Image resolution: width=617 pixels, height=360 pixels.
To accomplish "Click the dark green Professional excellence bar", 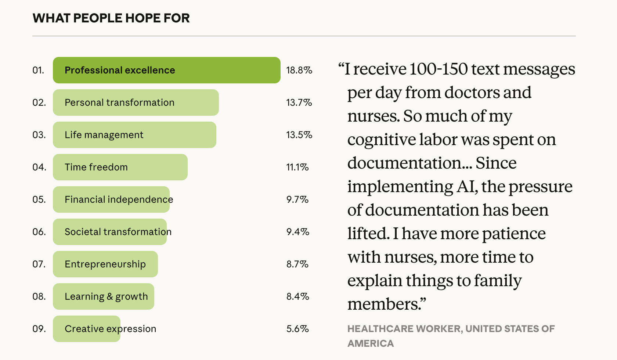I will pyautogui.click(x=166, y=70).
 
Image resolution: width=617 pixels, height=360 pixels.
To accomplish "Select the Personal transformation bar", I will pyautogui.click(x=136, y=102).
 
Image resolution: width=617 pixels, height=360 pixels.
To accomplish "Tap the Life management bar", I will pyautogui.click(x=134, y=135).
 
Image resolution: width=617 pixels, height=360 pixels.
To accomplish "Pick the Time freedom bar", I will pyautogui.click(x=120, y=167).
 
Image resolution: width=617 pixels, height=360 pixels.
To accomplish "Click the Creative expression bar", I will pyautogui.click(x=87, y=329).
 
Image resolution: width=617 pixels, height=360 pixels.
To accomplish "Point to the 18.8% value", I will pyautogui.click(x=299, y=70).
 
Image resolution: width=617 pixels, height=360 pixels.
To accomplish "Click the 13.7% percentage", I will pyautogui.click(x=299, y=102).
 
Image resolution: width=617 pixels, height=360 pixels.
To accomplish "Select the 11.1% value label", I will pyautogui.click(x=297, y=167).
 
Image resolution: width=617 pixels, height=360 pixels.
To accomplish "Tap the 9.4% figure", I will pyautogui.click(x=297, y=232).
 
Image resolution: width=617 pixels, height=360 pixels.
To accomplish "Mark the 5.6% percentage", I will pyautogui.click(x=297, y=329).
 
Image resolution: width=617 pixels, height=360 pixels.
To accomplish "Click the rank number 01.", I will pyautogui.click(x=38, y=70).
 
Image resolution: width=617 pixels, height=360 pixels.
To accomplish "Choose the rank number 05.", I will pyautogui.click(x=39, y=199).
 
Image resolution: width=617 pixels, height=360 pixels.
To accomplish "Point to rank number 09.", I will pyautogui.click(x=39, y=329).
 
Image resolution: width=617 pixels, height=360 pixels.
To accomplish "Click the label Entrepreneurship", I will pyautogui.click(x=105, y=264).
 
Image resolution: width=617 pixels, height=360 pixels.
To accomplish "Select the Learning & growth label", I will pyautogui.click(x=106, y=296).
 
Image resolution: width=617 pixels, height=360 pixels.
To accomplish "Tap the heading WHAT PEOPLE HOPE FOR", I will pyautogui.click(x=111, y=18).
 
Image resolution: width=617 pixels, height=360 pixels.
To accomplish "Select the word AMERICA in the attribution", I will pyautogui.click(x=371, y=343).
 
